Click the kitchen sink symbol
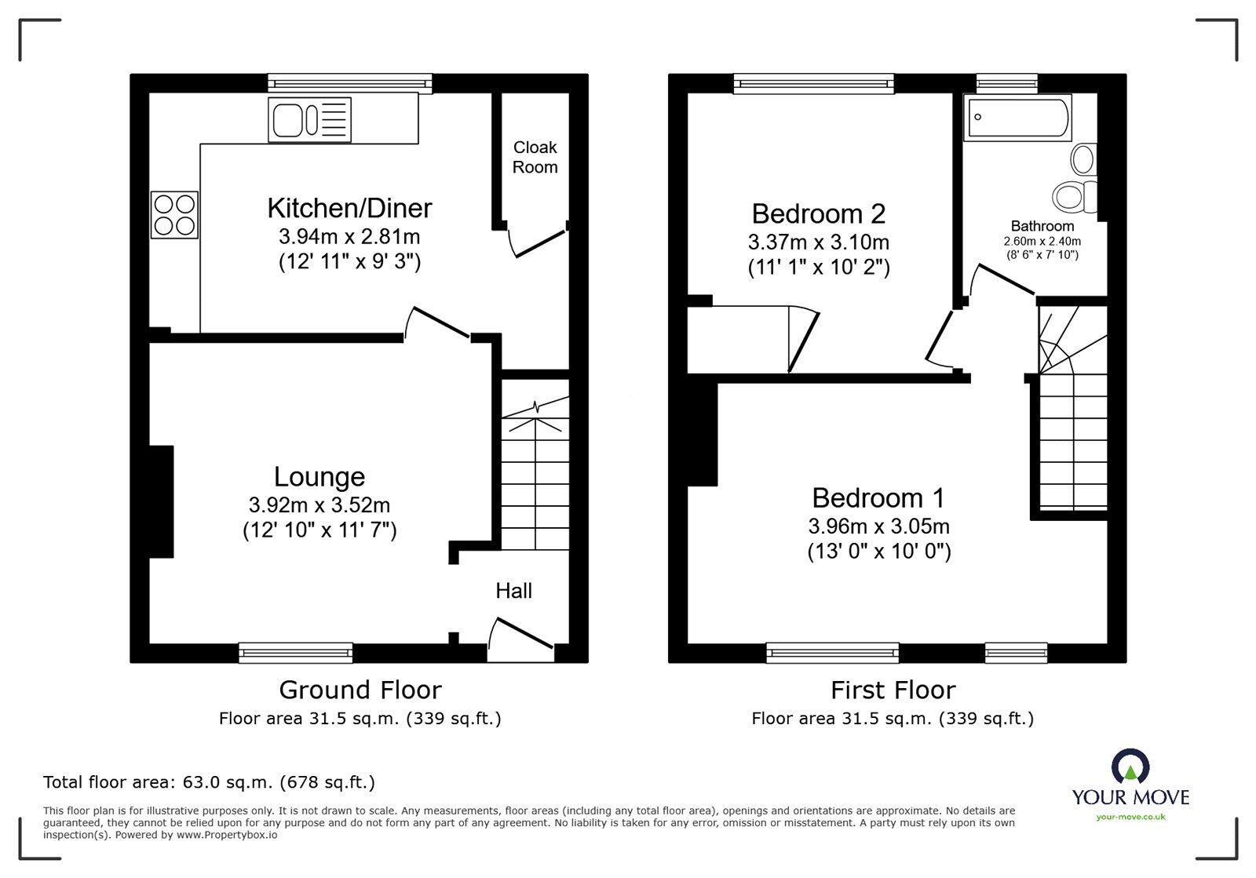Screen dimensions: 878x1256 tap(309, 120)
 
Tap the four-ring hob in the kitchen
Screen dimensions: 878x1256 tap(174, 215)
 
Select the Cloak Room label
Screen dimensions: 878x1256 tap(535, 157)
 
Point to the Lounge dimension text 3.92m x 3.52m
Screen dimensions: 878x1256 tap(319, 505)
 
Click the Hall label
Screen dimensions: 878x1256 tap(513, 591)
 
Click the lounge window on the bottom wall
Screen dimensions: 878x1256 tap(296, 651)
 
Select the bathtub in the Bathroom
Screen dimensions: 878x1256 tap(1018, 118)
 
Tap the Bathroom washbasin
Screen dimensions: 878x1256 tap(1083, 159)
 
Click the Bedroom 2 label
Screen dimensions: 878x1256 tap(818, 213)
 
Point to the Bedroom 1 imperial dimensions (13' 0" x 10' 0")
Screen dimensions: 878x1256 tap(878, 552)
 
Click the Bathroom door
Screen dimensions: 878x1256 tap(1004, 280)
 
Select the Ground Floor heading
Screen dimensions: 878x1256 tap(360, 690)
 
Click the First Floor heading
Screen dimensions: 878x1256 tap(893, 690)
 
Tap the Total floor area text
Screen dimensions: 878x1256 tap(209, 781)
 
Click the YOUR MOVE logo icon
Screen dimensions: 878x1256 tap(1130, 766)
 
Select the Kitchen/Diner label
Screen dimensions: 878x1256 tap(349, 208)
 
